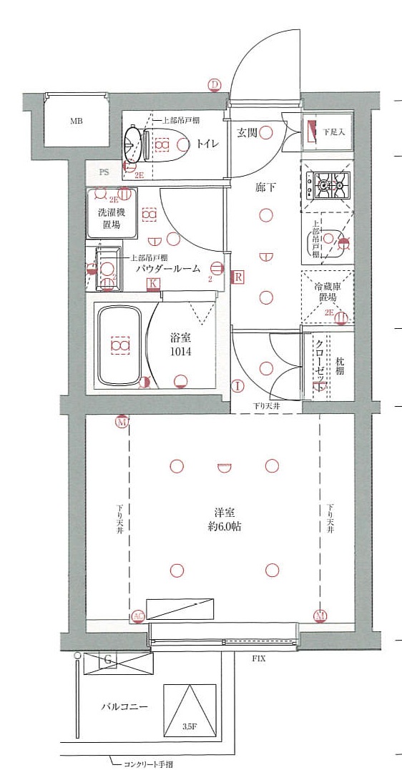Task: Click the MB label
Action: tap(77, 121)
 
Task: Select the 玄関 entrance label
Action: tap(247, 132)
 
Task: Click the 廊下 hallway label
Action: tap(265, 188)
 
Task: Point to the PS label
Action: tap(104, 172)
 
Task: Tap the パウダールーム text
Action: tap(168, 269)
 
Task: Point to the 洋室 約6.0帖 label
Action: tap(225, 519)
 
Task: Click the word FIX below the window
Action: tap(258, 658)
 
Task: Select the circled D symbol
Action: tap(214, 85)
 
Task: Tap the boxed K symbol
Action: tap(152, 284)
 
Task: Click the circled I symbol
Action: tap(237, 387)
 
